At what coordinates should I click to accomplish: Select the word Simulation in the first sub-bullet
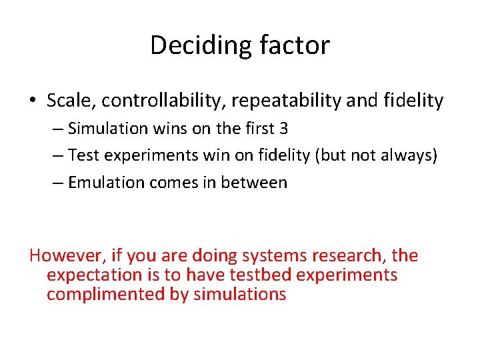107,129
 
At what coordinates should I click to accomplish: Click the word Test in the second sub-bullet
83,156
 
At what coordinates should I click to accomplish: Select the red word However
63,255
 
